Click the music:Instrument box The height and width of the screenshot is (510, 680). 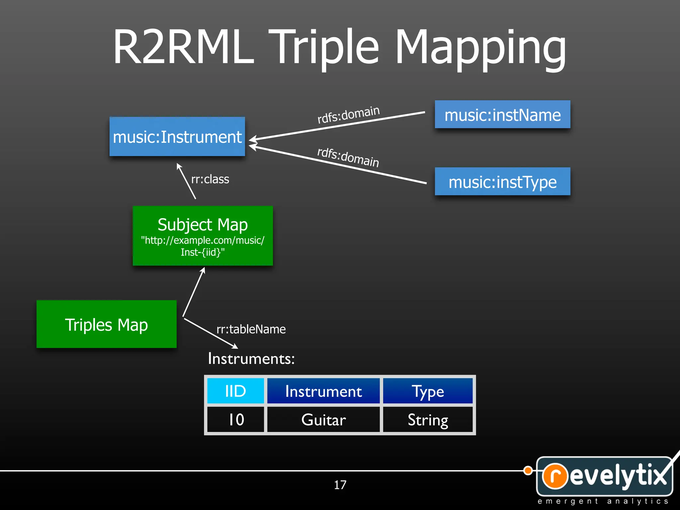[x=177, y=136]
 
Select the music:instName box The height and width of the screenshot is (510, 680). [x=502, y=115]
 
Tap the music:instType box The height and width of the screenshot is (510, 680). [x=502, y=182]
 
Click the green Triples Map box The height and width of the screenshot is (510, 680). [x=106, y=324]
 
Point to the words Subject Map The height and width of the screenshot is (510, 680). [x=203, y=224]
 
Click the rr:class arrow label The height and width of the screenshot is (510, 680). [x=210, y=179]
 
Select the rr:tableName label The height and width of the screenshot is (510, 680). [x=251, y=329]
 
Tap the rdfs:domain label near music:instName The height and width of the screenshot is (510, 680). [x=348, y=115]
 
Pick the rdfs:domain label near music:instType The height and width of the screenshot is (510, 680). [x=348, y=157]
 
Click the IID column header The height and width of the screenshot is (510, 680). [x=235, y=391]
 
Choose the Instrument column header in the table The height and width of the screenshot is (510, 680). [x=323, y=391]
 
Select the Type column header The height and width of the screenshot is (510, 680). [x=428, y=391]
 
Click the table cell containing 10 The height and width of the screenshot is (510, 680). [x=235, y=419]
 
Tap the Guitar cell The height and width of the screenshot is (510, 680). [x=323, y=419]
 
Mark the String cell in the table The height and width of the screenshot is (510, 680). [x=428, y=419]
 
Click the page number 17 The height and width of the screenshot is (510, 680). [x=340, y=485]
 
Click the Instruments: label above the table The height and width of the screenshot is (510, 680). [x=251, y=359]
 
